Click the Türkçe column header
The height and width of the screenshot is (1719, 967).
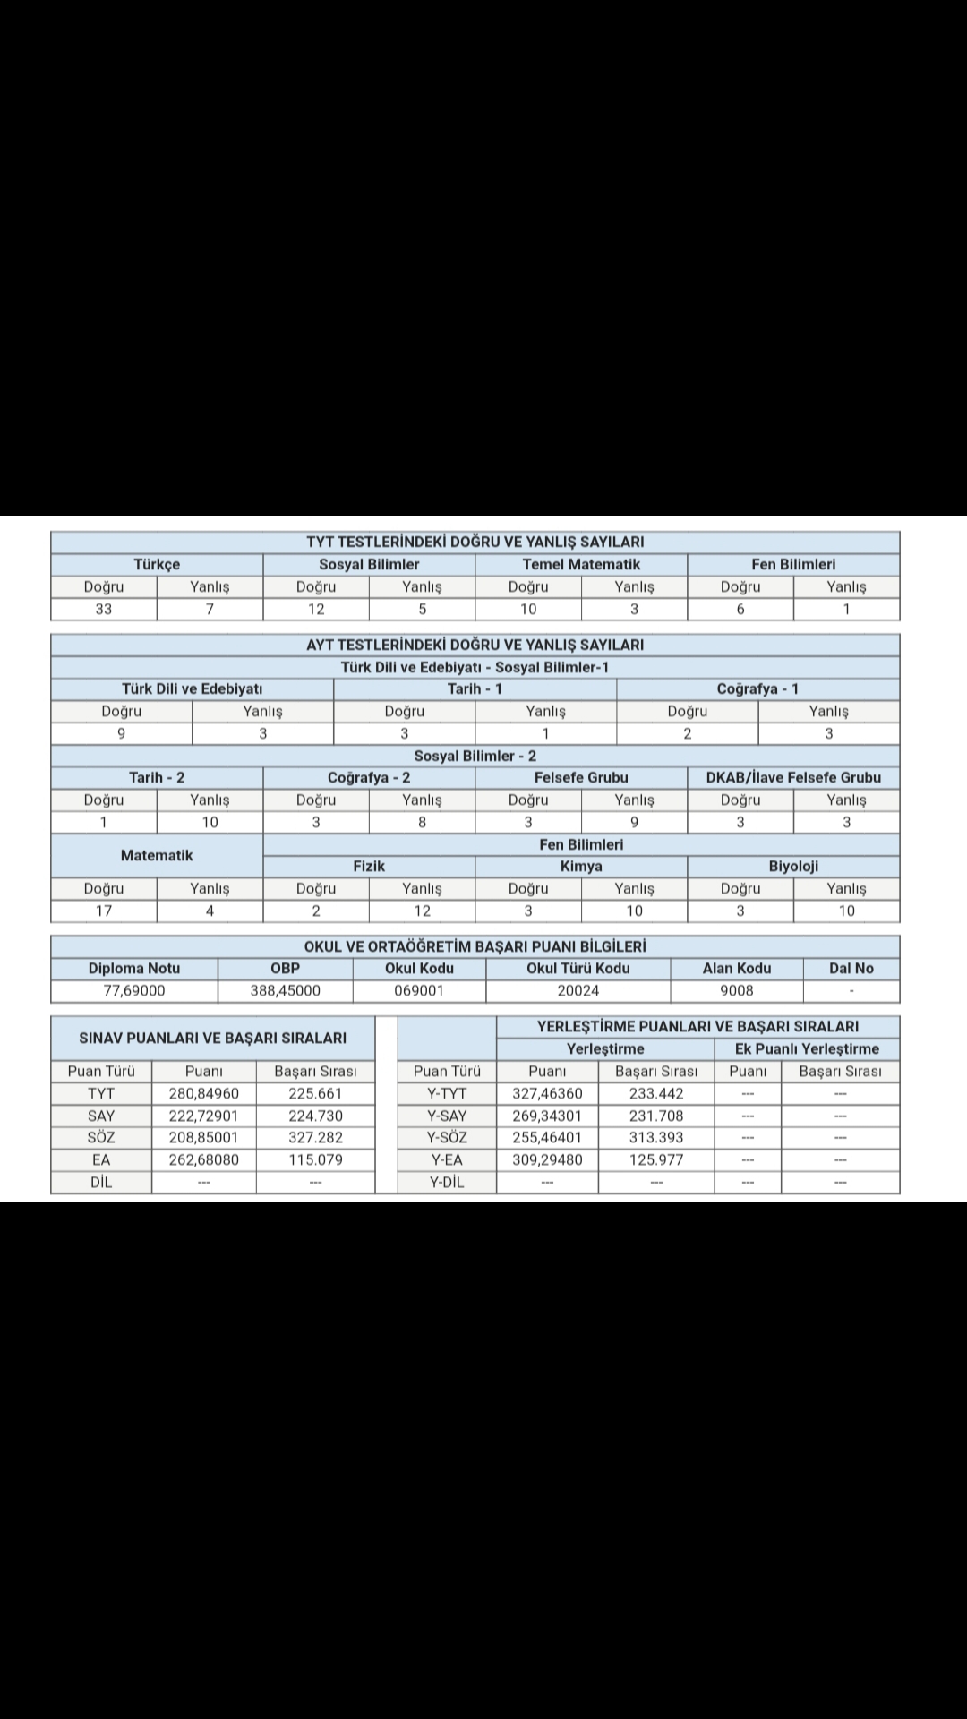pos(157,564)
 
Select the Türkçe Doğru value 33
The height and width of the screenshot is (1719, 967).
pos(104,609)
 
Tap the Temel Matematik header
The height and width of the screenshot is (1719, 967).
pos(581,564)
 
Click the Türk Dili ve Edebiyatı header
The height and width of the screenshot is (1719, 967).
pos(193,688)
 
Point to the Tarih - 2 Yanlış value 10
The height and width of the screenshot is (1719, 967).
pos(210,822)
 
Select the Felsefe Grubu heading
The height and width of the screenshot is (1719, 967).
pos(581,777)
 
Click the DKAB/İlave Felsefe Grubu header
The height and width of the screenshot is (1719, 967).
pos(793,777)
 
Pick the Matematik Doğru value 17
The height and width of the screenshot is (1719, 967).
pos(104,911)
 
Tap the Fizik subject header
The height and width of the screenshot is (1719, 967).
pos(369,866)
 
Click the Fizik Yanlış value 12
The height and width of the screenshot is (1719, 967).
pos(422,911)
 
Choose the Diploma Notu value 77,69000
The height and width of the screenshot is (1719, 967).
pos(134,990)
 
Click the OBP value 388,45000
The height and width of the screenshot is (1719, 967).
pos(285,990)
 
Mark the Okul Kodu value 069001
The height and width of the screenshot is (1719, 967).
pos(419,990)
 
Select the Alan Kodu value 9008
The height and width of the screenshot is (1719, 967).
pos(737,990)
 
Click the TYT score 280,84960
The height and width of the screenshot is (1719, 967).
pos(204,1093)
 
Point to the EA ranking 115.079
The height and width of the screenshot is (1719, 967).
pos(315,1159)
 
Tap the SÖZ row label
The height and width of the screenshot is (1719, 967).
pos(101,1137)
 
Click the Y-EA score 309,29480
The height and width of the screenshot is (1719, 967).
pos(547,1159)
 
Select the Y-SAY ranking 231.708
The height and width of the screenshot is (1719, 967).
pos(656,1116)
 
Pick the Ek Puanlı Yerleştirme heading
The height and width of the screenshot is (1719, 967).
pos(807,1048)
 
